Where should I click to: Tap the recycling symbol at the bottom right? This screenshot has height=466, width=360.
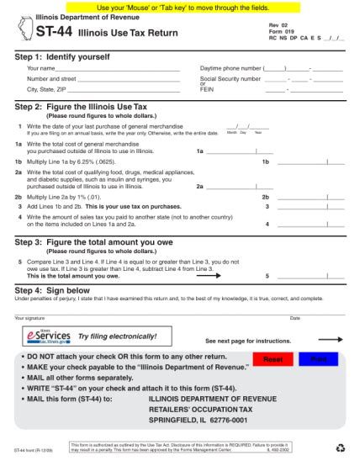point(340,448)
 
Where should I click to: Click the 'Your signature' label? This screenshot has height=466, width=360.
point(30,318)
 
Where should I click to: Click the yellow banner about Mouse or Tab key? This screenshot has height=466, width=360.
point(180,7)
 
